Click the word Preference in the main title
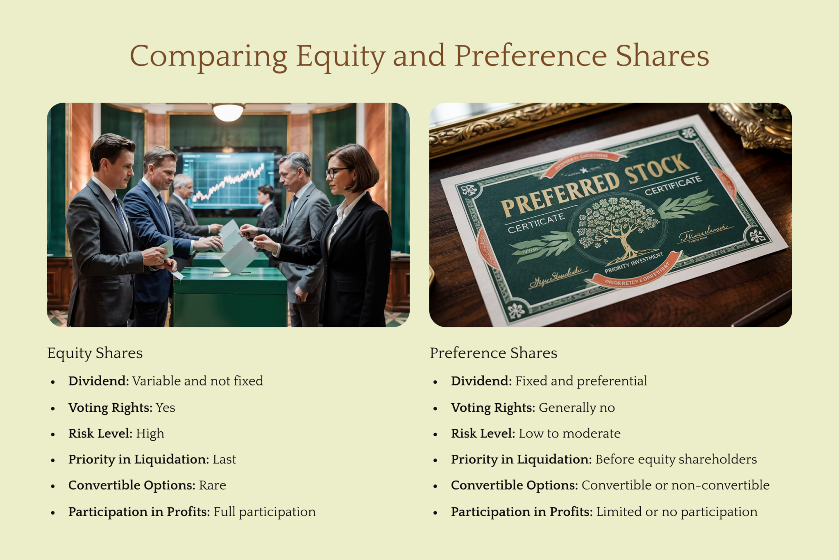pos(530,56)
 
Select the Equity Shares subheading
pos(95,353)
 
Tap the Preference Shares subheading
pos(493,353)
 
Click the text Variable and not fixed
pos(197,381)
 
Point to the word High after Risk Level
pos(150,433)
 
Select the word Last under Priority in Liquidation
pos(224,459)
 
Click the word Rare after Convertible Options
pos(212,485)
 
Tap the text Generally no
pos(576,408)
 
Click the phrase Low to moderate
pos(569,433)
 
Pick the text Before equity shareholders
pos(676,459)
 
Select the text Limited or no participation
pos(677,512)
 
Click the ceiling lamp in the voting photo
pos(228,112)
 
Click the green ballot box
pos(230,295)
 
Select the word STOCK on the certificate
pos(658,169)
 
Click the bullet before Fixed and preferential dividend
pos(435,382)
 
